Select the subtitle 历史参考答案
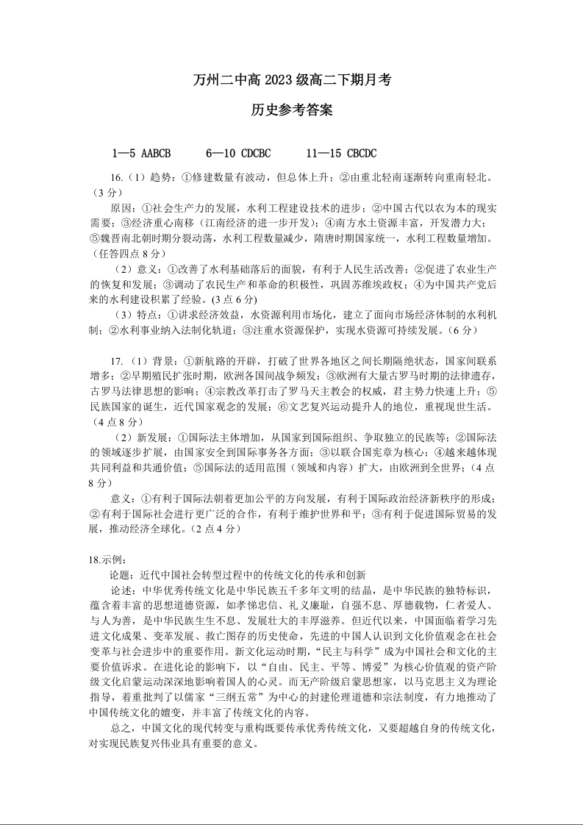291,110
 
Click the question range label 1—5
124,153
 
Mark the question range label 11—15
324,153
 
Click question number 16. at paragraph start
116,179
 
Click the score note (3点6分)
233,299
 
